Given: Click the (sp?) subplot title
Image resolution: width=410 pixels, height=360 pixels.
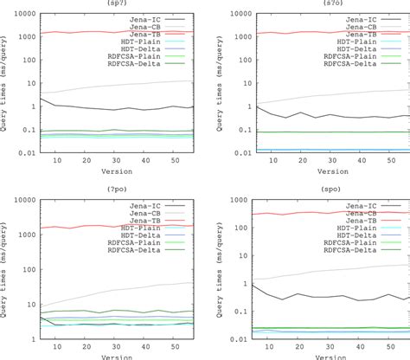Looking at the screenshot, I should [114, 4].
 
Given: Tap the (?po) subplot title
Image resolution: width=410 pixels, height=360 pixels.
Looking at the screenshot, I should [114, 185].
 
